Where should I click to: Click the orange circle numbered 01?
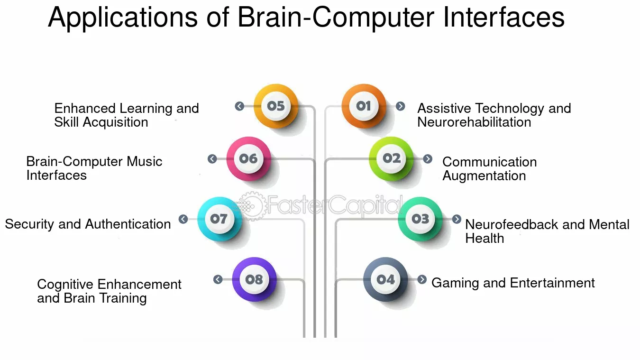tap(364, 106)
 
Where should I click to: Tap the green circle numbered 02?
tap(391, 159)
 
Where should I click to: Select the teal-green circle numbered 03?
tap(421, 219)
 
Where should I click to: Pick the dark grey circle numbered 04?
tap(385, 279)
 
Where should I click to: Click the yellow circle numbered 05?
tap(276, 106)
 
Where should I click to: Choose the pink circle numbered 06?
tap(248, 159)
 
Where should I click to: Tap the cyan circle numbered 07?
tap(219, 219)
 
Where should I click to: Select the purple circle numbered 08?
tap(254, 279)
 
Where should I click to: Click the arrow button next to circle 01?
tap(400, 106)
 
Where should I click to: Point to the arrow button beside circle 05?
tap(239, 106)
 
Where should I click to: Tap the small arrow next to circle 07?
tap(183, 219)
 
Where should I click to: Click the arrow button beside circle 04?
tap(422, 279)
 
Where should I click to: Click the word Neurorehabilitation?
tap(474, 122)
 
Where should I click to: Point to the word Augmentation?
tap(484, 176)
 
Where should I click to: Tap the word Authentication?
tap(128, 224)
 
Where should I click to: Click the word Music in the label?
tap(145, 162)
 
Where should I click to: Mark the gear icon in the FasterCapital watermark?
tap(251, 206)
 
